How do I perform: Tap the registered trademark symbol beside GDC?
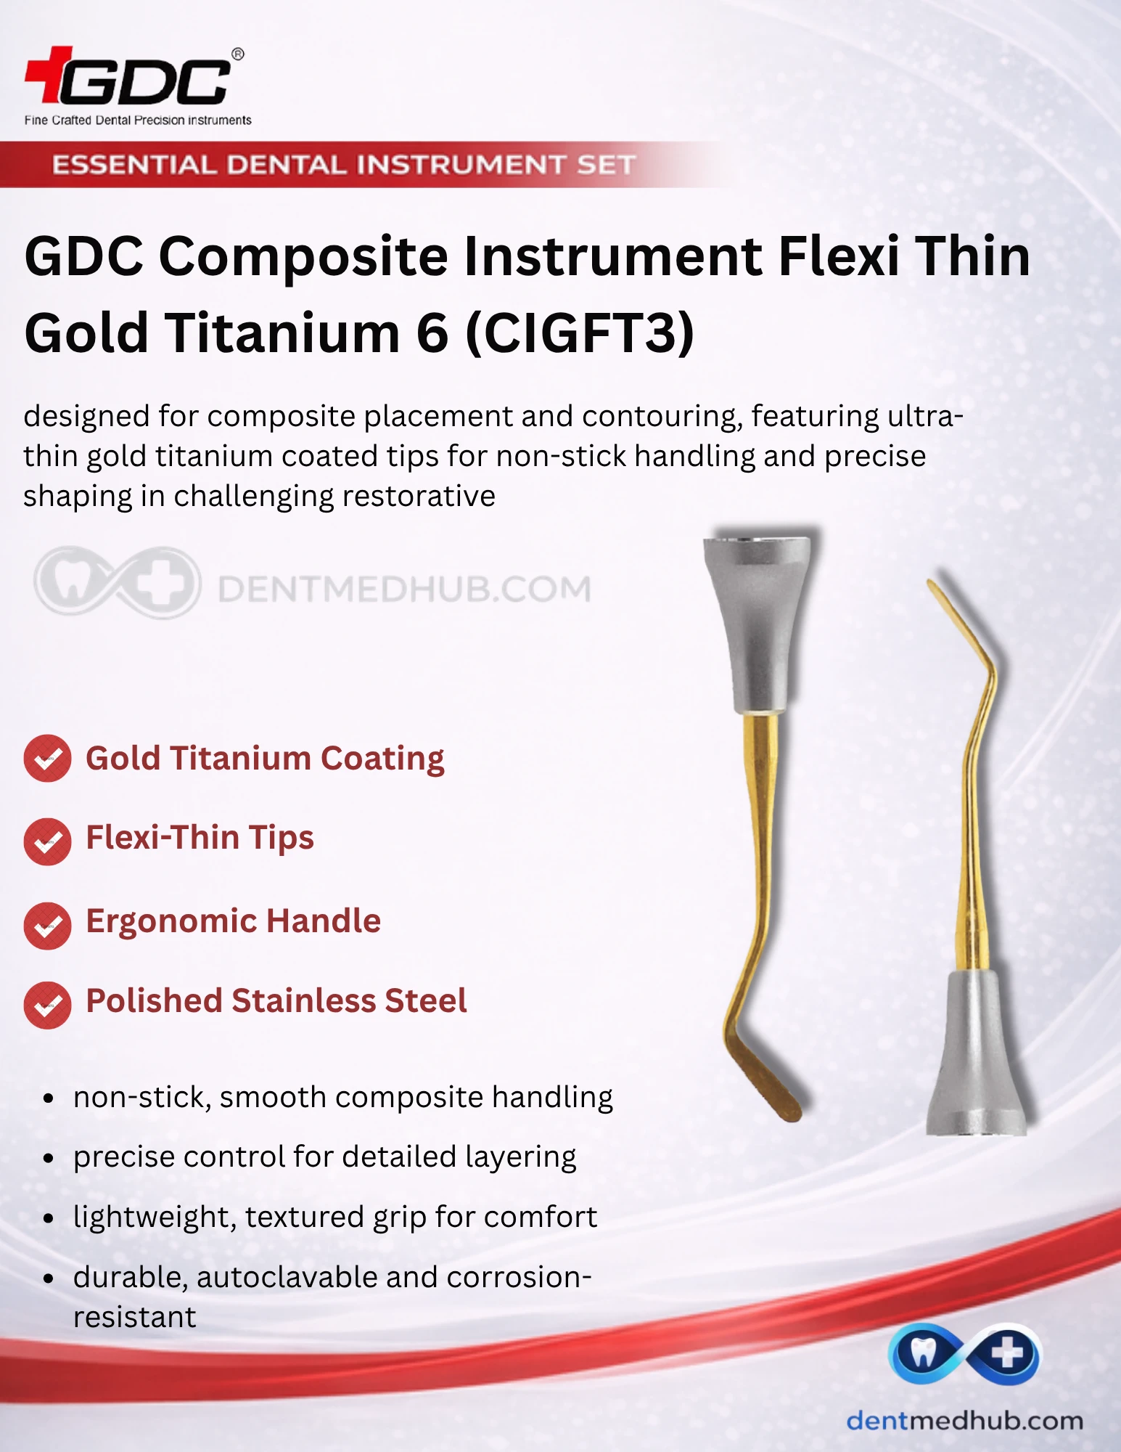(237, 54)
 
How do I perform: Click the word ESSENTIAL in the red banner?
(134, 165)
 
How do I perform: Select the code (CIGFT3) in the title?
(579, 333)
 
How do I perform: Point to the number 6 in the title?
(432, 333)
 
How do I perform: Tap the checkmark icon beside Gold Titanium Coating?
(47, 759)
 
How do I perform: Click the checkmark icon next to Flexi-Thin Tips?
(47, 841)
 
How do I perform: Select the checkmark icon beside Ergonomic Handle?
(47, 926)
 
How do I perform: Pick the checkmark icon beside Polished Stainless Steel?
(47, 1005)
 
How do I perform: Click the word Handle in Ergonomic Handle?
(324, 921)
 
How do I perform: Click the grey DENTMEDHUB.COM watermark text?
(405, 589)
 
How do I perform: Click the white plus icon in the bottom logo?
(1008, 1355)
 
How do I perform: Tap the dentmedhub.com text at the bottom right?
(965, 1421)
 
